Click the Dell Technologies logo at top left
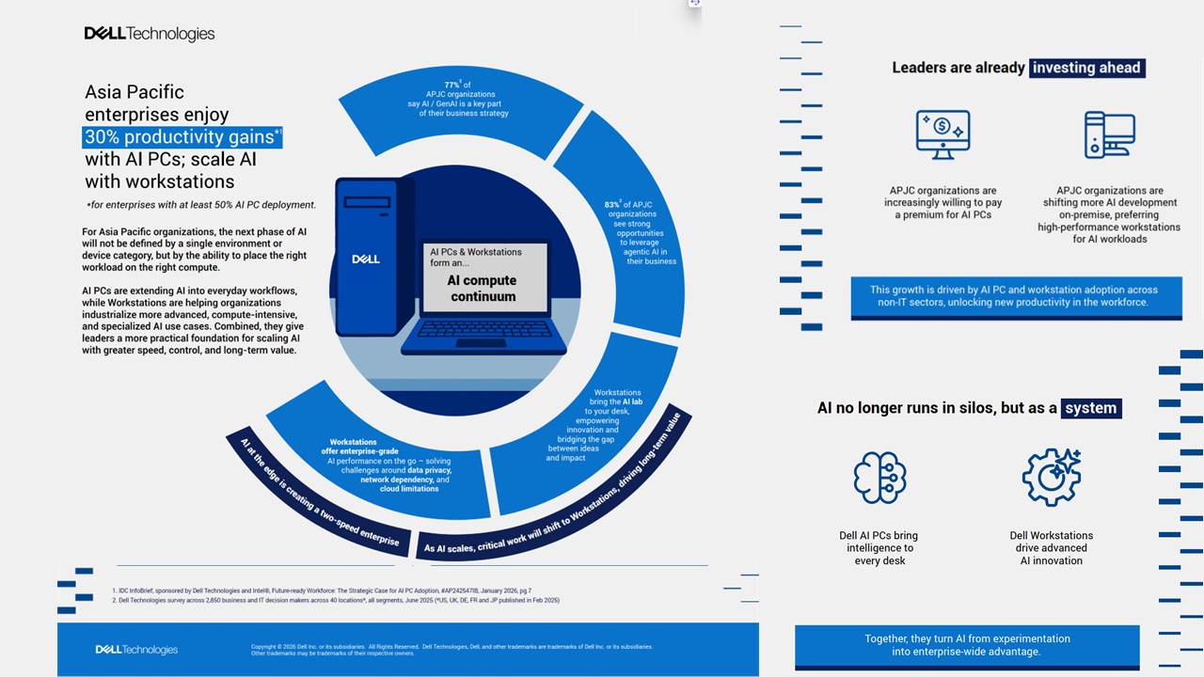click(150, 34)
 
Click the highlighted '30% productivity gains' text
click(179, 137)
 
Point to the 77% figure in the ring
click(452, 85)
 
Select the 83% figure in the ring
click(612, 204)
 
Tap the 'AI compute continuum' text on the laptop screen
click(483, 288)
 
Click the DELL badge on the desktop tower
click(366, 259)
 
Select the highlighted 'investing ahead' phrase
click(1086, 68)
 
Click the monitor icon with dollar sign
click(943, 134)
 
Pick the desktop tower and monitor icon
click(1109, 134)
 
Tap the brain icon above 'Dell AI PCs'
click(879, 478)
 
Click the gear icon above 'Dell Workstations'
click(1052, 477)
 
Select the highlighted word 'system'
click(1091, 408)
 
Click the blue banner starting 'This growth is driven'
click(1016, 296)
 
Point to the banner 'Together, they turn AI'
click(967, 645)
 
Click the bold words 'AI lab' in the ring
click(632, 401)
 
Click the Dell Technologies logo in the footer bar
click(136, 650)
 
